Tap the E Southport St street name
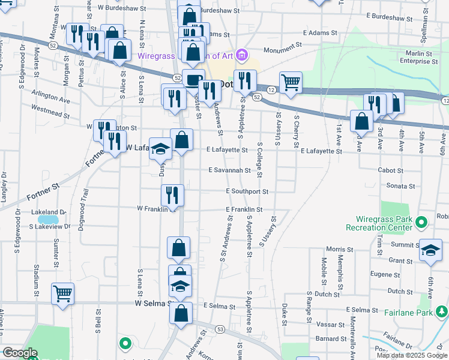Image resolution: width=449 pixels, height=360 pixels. [247, 191]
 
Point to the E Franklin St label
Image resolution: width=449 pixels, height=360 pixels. [244, 209]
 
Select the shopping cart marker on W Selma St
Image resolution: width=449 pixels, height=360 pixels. [62, 294]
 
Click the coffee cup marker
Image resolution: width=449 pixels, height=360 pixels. [193, 80]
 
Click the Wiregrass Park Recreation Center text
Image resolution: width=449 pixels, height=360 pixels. [379, 223]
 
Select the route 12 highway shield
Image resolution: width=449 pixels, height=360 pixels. [271, 89]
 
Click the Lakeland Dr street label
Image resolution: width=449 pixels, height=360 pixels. [50, 212]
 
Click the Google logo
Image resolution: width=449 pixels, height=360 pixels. [20, 353]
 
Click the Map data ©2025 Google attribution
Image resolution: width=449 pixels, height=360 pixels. [412, 355]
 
